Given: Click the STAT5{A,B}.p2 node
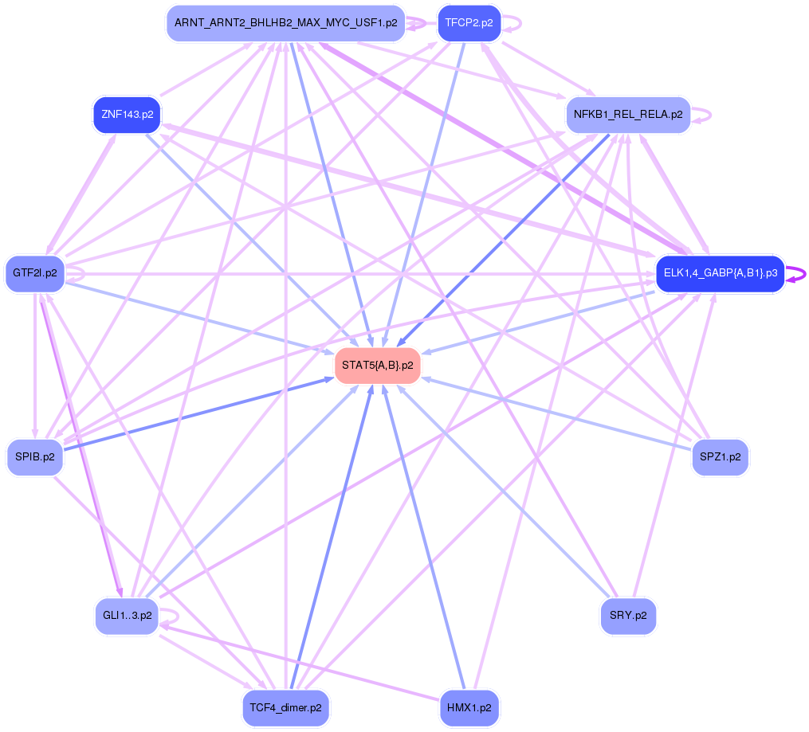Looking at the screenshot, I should pos(377,366).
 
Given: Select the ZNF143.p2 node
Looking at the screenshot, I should pos(128,115).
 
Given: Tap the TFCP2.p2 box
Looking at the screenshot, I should pos(469,23).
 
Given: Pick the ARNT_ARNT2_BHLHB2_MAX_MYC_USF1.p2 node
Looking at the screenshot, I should pos(285,23).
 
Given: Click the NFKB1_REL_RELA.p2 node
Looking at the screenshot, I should pos(628,114).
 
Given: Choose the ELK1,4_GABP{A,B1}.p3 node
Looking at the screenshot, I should pos(720,274).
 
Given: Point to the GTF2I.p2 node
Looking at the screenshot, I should pos(35,273).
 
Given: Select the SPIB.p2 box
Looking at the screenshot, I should pos(35,457).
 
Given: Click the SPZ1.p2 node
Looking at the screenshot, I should pos(720,457).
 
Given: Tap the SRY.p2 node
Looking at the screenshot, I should pos(628,616).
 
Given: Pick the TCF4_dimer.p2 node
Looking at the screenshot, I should pos(285,707).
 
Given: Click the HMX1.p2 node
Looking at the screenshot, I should pos(469,707).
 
